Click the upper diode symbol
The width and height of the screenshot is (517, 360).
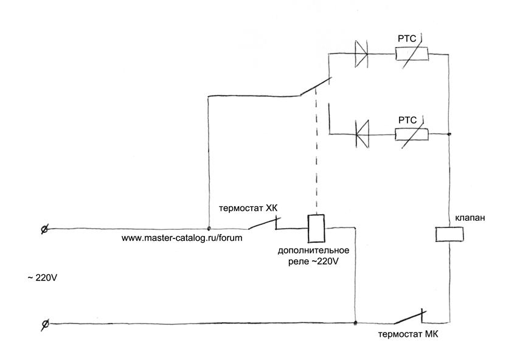point(361,53)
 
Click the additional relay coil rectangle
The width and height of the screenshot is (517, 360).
point(315,227)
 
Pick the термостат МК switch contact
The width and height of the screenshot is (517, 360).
point(409,317)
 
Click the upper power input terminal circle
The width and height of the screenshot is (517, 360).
point(44,229)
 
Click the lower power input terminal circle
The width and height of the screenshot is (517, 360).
point(44,324)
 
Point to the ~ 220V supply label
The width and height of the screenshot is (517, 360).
point(42,277)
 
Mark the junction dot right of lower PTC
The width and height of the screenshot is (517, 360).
point(449,134)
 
